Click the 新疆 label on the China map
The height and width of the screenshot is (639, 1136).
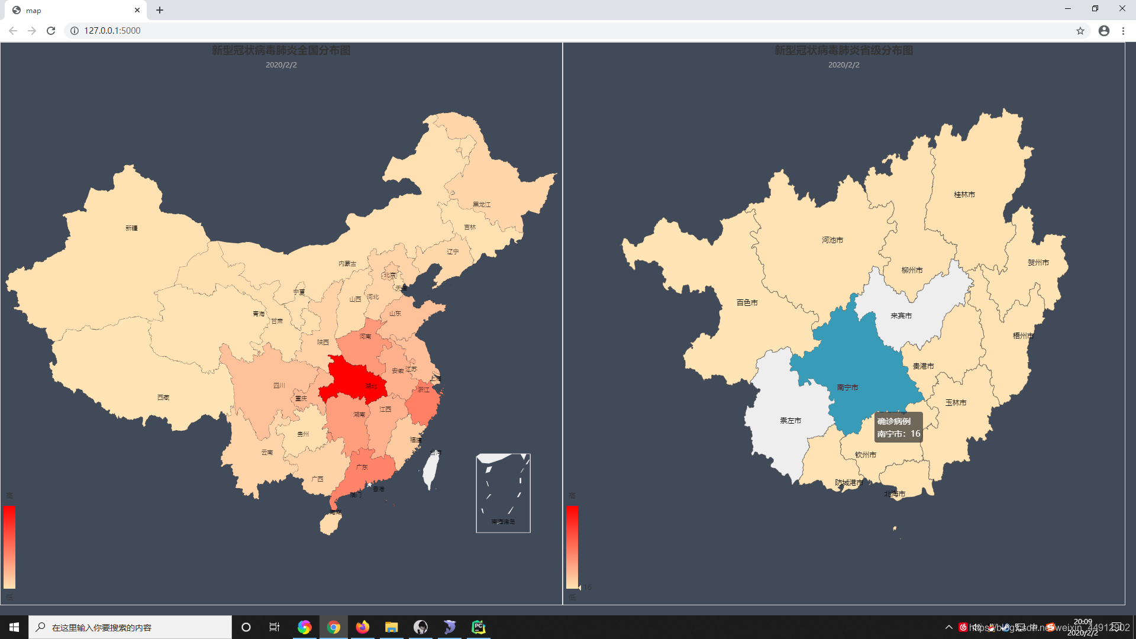click(131, 228)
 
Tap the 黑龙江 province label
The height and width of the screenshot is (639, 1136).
click(482, 205)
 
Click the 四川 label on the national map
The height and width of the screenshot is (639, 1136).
click(279, 386)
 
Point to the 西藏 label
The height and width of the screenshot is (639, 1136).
click(163, 398)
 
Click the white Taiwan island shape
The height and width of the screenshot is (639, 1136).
click(431, 471)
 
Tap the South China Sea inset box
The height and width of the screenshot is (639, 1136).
click(503, 493)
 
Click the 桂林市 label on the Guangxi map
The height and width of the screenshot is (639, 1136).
click(964, 195)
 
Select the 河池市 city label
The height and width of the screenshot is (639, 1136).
click(832, 240)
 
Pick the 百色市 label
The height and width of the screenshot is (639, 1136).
click(747, 303)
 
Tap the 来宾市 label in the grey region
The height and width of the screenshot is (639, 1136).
click(901, 316)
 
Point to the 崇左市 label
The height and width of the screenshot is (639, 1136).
click(790, 421)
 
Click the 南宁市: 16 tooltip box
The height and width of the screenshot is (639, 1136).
click(898, 427)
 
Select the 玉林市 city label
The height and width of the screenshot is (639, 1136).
click(956, 403)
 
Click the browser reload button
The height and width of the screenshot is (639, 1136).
click(51, 31)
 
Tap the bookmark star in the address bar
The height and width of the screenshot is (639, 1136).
click(1080, 31)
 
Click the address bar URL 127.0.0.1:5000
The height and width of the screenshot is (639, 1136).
click(112, 31)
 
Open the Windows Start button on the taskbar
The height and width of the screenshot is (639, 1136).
click(14, 627)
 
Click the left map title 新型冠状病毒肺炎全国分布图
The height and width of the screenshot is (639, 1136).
click(281, 51)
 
